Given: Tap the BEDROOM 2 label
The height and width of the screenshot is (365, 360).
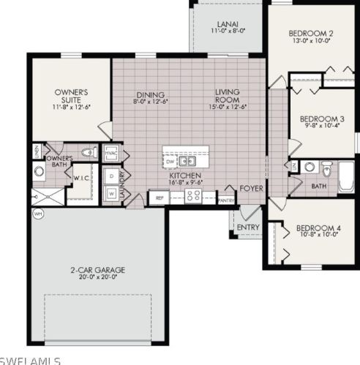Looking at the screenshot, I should pos(312,33).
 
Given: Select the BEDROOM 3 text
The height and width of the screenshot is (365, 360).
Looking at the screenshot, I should pos(319,118).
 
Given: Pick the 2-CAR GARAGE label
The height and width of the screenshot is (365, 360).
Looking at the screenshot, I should pos(94,269).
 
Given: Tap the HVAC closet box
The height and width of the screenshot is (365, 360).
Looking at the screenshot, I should pos(112,154).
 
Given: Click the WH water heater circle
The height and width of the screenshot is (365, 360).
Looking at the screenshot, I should pos(37,214).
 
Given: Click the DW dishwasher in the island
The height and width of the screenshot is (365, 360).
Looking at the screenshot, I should pos(170,159).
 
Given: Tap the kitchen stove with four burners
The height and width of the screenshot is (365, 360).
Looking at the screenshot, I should pos(194,195).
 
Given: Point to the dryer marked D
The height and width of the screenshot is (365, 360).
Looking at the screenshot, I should pos(111,176).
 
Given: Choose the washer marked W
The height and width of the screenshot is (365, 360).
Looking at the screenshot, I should pos(111,193).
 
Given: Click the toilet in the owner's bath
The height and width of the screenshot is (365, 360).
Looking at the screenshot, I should pos(89,152).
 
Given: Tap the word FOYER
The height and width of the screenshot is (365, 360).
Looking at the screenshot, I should pos(253,188).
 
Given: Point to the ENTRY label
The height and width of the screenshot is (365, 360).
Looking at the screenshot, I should pos(247,227).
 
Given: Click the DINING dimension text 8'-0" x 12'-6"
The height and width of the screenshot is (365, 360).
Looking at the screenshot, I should pos(150,102).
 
